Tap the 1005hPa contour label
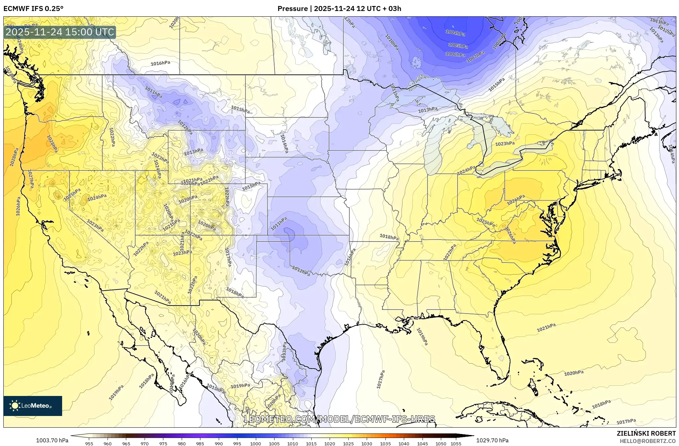(458, 45)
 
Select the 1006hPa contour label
(455, 54)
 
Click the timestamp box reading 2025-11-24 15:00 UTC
(60, 32)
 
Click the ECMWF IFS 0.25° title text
(33, 9)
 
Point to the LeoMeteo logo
(32, 406)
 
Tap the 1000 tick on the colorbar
(256, 444)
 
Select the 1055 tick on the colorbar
(456, 444)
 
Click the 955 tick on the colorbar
(89, 444)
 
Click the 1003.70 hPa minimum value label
(52, 440)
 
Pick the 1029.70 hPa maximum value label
(492, 440)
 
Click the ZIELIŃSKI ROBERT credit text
(646, 433)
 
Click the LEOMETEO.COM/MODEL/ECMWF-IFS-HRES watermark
(339, 419)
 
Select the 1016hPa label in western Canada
(160, 63)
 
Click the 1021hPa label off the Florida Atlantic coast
(546, 328)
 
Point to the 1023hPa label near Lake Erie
(505, 144)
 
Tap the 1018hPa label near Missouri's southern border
(389, 237)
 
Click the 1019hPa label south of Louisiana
(422, 336)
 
